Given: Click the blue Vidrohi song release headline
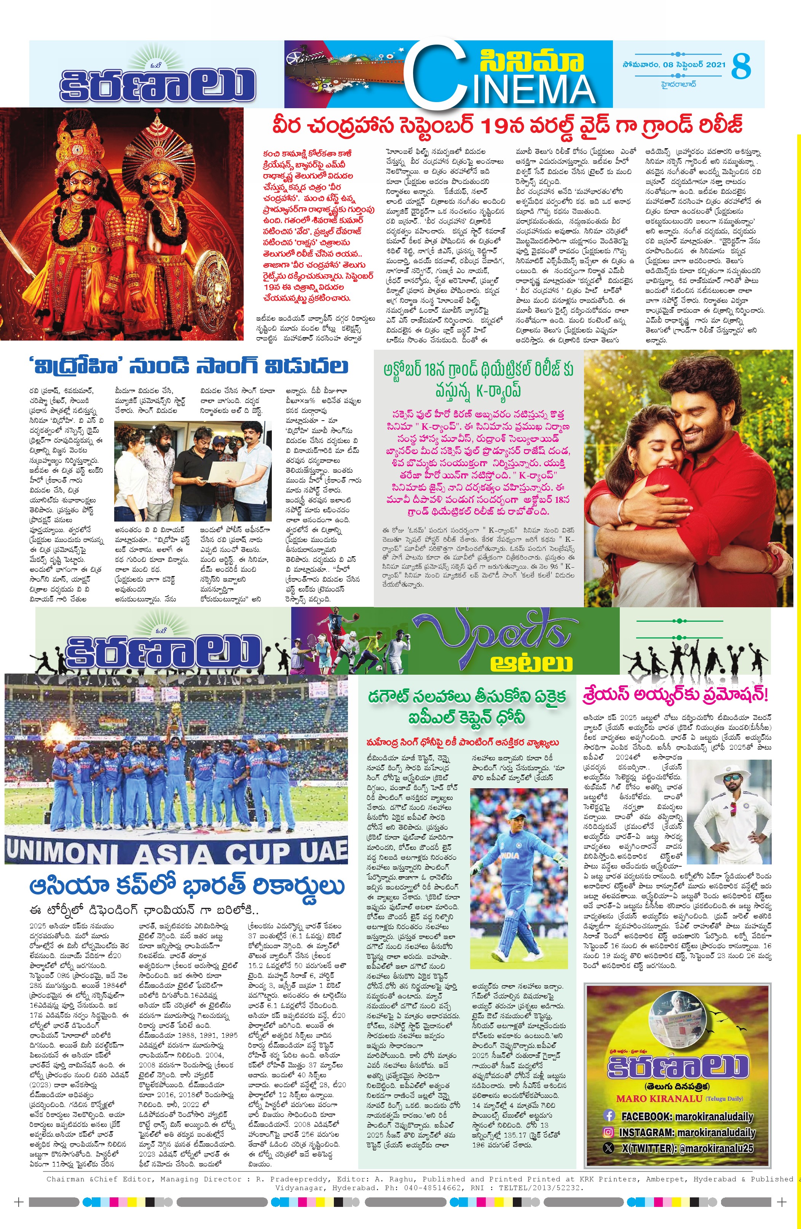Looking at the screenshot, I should point(189,366).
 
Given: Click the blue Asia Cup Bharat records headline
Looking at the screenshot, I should point(187,886).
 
